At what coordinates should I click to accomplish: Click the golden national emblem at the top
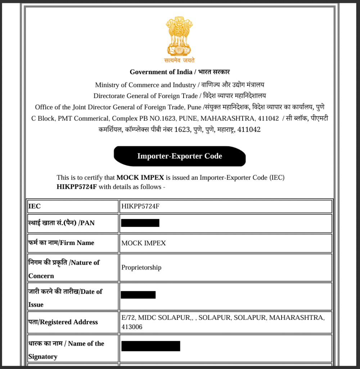[x=180, y=36]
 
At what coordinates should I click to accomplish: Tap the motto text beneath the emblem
[x=180, y=60]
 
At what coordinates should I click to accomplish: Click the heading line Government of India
[x=180, y=72]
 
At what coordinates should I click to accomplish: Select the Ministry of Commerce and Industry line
[x=180, y=85]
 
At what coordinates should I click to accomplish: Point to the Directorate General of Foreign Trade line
[x=180, y=96]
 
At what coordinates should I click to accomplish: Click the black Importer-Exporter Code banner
[x=180, y=156]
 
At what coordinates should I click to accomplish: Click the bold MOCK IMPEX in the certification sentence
[x=140, y=178]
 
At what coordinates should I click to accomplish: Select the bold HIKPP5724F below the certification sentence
[x=77, y=187]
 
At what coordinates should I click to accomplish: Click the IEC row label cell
[x=35, y=206]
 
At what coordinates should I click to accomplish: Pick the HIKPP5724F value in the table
[x=140, y=206]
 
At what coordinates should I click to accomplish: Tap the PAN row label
[x=62, y=223]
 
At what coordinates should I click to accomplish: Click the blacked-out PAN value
[x=140, y=223]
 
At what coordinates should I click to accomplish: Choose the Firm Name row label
[x=61, y=243]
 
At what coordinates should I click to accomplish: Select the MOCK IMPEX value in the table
[x=144, y=243]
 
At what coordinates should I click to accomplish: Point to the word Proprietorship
[x=141, y=267]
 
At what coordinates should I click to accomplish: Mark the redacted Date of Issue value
[x=138, y=295]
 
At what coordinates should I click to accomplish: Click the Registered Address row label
[x=63, y=322]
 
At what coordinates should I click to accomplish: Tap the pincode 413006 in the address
[x=132, y=327]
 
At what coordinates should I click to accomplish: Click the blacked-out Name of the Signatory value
[x=150, y=346]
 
